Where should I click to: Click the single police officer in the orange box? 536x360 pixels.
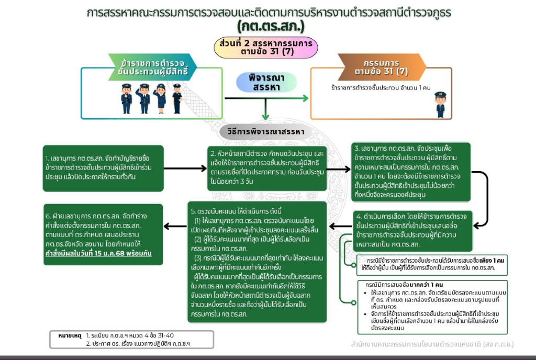[440, 104]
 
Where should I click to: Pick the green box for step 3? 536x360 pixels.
[411, 172]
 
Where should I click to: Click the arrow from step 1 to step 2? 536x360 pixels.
[185, 168]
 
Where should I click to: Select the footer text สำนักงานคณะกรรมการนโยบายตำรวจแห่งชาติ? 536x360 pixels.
[419, 345]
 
